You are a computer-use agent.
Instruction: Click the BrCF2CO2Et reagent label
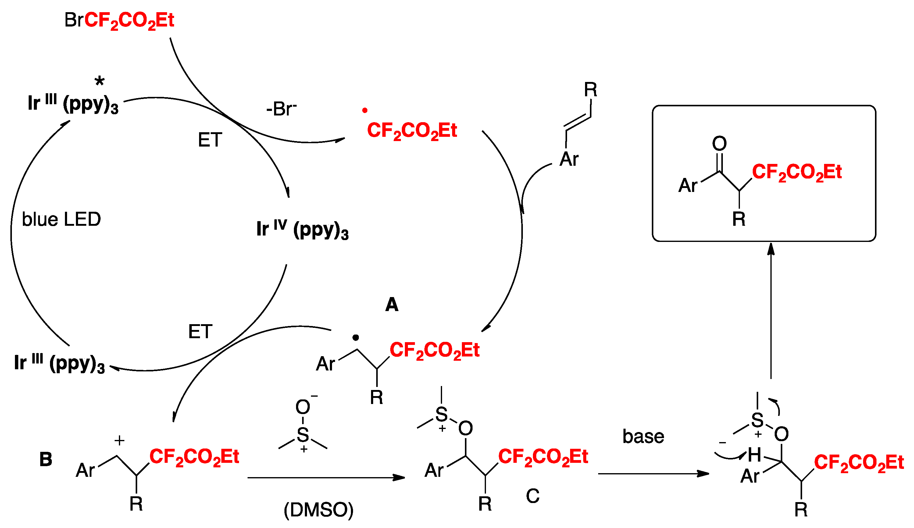click(119, 20)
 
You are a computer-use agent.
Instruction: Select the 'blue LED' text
click(61, 219)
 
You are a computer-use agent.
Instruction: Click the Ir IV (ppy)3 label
click(302, 229)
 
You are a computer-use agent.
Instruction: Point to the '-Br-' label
click(281, 109)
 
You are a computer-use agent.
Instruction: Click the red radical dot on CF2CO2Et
click(365, 110)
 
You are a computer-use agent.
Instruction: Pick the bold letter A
click(392, 304)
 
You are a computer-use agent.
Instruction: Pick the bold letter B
click(46, 459)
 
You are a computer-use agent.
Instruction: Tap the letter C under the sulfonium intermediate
click(532, 496)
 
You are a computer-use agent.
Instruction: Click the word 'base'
click(643, 436)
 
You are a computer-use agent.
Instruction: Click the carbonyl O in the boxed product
click(719, 144)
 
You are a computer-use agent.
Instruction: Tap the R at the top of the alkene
click(591, 90)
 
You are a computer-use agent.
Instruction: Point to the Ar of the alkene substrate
click(569, 159)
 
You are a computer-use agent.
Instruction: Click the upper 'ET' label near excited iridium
click(210, 140)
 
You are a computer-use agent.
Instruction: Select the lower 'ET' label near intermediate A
click(200, 331)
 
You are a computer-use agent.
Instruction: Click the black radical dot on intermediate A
click(356, 337)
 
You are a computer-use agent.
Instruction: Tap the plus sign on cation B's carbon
click(119, 440)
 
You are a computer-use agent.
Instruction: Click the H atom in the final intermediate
click(755, 455)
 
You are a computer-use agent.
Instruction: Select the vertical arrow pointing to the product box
click(771, 312)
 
